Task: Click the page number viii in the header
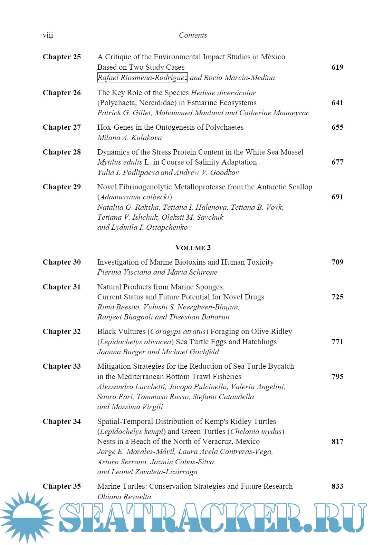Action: [48, 35]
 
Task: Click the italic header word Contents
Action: [193, 35]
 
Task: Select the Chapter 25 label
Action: [61, 57]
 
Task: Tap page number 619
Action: [337, 67]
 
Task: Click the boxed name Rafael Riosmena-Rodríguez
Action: [142, 78]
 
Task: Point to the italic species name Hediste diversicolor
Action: [223, 93]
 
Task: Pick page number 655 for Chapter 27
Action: [337, 127]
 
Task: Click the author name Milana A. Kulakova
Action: [129, 138]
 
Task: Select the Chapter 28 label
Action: [61, 152]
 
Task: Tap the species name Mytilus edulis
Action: [119, 162]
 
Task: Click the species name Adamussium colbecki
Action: [135, 197]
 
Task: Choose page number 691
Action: [337, 197]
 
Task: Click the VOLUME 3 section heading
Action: [193, 248]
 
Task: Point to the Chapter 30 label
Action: [61, 262]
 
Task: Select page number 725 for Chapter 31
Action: [337, 297]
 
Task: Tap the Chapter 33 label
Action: [61, 366]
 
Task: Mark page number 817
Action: [337, 442]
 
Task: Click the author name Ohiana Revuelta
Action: [124, 497]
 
